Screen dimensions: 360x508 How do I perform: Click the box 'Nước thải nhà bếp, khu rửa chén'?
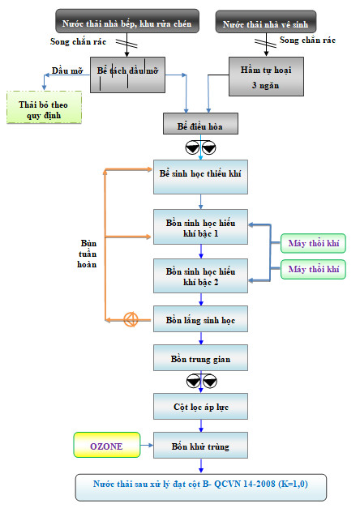127,21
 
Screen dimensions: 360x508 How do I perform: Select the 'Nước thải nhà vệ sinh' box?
266,22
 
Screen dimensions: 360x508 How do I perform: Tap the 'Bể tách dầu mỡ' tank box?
127,75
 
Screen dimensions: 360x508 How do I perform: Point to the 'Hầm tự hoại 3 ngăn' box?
266,76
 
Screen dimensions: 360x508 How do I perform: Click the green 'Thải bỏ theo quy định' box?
44,107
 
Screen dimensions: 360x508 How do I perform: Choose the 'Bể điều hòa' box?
200,123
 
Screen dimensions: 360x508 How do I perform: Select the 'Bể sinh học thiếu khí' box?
200,177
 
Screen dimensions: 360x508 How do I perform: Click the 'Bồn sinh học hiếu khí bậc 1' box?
200,227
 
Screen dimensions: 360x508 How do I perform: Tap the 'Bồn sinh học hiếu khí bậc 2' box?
200,275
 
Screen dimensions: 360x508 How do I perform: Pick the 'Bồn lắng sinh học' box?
200,318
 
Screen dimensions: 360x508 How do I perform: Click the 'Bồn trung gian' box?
200,357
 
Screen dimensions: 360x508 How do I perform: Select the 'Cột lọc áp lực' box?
200,406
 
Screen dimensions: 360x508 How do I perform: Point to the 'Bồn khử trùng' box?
200,445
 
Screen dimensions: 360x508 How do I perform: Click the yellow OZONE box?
107,445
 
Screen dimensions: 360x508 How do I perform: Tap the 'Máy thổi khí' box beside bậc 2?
313,269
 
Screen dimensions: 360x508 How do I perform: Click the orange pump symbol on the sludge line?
131,320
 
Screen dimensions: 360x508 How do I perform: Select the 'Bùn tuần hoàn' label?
88,254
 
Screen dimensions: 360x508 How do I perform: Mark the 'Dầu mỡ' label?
67,70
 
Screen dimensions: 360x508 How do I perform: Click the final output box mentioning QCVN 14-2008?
201,488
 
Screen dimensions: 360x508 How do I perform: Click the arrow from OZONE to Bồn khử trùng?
147,445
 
